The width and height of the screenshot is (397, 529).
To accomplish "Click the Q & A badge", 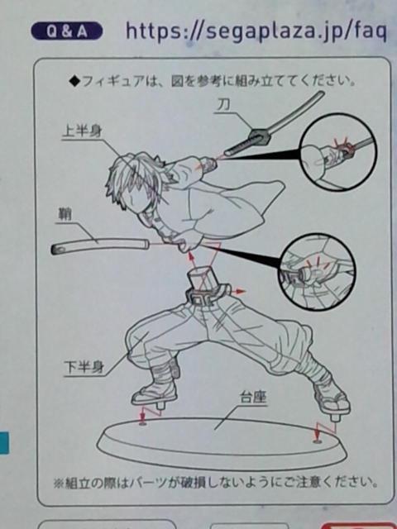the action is pyautogui.click(x=66, y=31).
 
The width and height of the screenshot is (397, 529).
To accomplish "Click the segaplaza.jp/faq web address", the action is pyautogui.click(x=256, y=31).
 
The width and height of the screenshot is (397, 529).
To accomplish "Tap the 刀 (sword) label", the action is pyautogui.click(x=224, y=105).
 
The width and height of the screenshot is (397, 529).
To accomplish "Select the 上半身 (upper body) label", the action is pyautogui.click(x=82, y=131).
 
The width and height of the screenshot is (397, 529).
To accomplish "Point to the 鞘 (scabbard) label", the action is pyautogui.click(x=65, y=215).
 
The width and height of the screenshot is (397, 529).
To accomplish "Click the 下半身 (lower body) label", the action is pyautogui.click(x=84, y=367).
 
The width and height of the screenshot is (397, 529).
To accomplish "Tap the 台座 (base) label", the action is pyautogui.click(x=253, y=398).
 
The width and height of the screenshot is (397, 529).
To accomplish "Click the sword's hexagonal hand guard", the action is pyautogui.click(x=259, y=137).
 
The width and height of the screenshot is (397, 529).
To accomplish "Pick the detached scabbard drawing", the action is pyautogui.click(x=100, y=245).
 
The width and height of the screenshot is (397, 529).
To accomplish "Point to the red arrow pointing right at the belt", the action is pyautogui.click(x=240, y=291).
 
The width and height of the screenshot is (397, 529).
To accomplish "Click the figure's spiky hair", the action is pyautogui.click(x=135, y=175).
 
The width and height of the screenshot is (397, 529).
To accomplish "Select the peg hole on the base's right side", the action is pyautogui.click(x=317, y=441).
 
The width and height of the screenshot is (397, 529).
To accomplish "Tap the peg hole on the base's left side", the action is pyautogui.click(x=143, y=422).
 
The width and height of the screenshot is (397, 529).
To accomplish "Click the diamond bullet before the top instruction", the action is pyautogui.click(x=74, y=81).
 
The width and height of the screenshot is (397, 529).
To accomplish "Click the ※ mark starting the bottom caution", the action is pyautogui.click(x=59, y=483).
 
